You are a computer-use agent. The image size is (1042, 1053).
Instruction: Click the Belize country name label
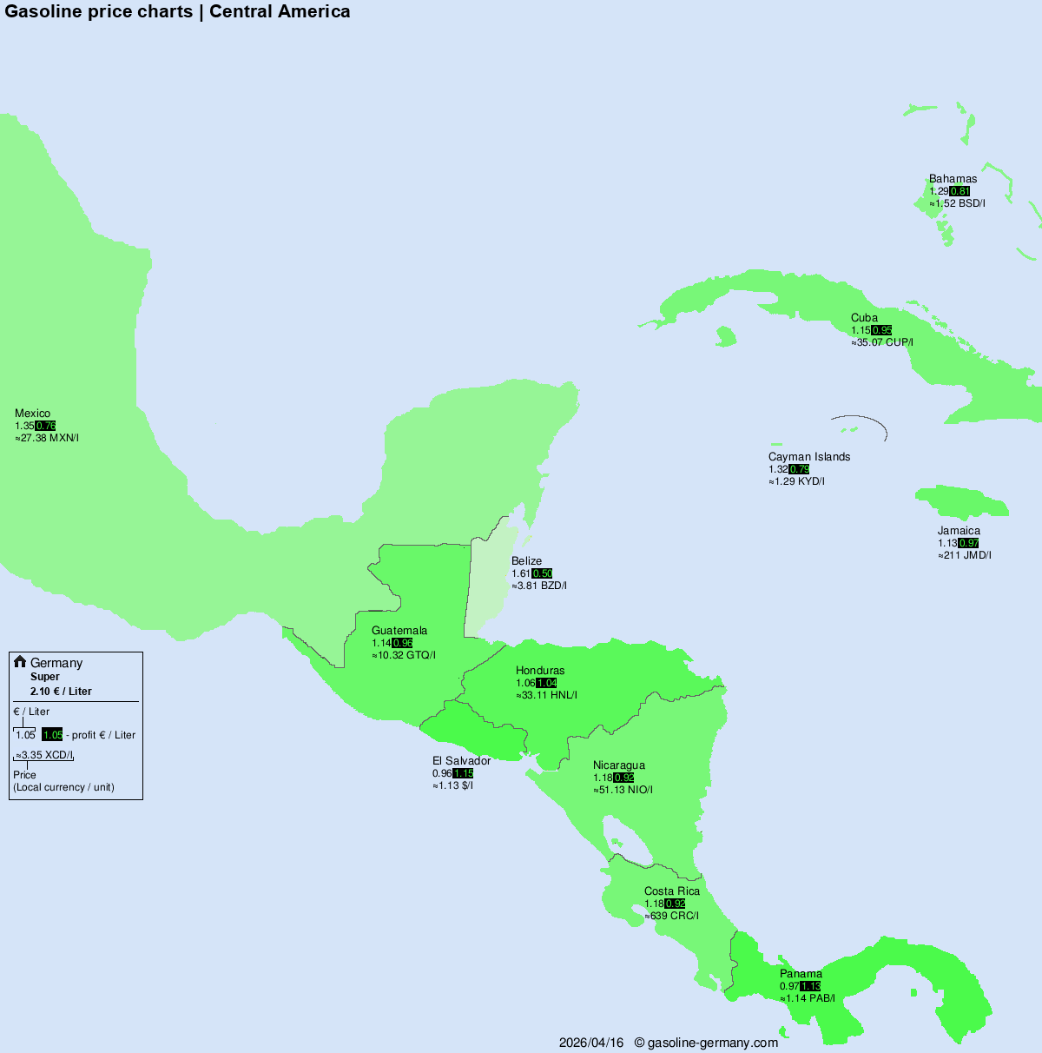coord(526,561)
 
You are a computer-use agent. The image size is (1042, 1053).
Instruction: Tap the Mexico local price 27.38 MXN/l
coord(47,438)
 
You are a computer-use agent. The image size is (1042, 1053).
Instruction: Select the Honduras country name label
coord(540,671)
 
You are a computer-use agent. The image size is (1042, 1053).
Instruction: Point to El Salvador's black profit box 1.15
coord(463,773)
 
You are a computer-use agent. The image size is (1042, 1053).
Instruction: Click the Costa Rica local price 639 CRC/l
coord(671,916)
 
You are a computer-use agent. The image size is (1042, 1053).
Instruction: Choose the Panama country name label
coord(801,974)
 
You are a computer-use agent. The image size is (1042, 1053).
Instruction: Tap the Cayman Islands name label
coord(809,457)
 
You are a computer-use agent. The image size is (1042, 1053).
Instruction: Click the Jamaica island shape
coord(960,503)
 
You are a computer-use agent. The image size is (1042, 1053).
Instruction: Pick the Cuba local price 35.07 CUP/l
coord(882,342)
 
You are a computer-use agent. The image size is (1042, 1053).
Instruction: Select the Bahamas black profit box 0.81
coord(960,191)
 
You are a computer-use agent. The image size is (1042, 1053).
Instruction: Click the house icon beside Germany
coord(20,662)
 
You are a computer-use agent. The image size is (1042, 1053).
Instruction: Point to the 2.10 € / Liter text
coord(61,692)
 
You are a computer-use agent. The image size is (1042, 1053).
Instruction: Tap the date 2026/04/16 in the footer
coord(591,1043)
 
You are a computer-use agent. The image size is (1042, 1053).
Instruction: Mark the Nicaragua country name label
coord(619,765)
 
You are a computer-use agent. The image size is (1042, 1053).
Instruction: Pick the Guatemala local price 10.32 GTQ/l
coord(404,655)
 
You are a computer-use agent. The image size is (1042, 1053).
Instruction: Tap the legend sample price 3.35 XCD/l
coord(44,755)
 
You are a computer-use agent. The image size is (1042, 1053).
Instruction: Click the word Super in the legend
coord(45,677)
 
